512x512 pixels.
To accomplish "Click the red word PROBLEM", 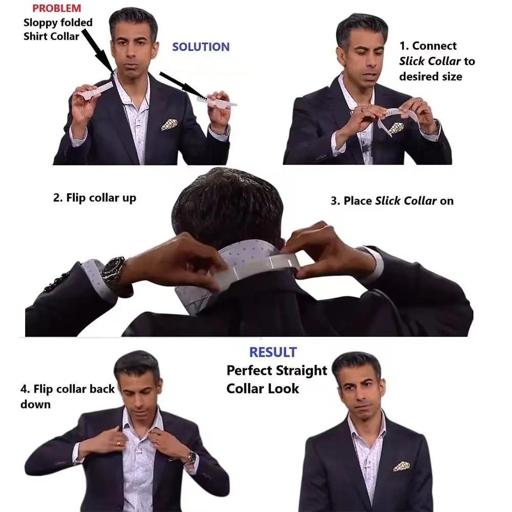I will pos(56,8).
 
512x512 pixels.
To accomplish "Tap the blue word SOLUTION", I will pos(201,47).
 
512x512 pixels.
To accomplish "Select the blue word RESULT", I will pos(273,352).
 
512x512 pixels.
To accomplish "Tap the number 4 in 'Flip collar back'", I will pos(24,389).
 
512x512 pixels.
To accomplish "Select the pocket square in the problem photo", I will pos(169,124).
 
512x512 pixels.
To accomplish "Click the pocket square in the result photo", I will pos(401,466).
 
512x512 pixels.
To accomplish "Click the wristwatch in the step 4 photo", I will pos(190,456).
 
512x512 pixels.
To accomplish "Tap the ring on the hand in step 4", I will pos(119,443).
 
